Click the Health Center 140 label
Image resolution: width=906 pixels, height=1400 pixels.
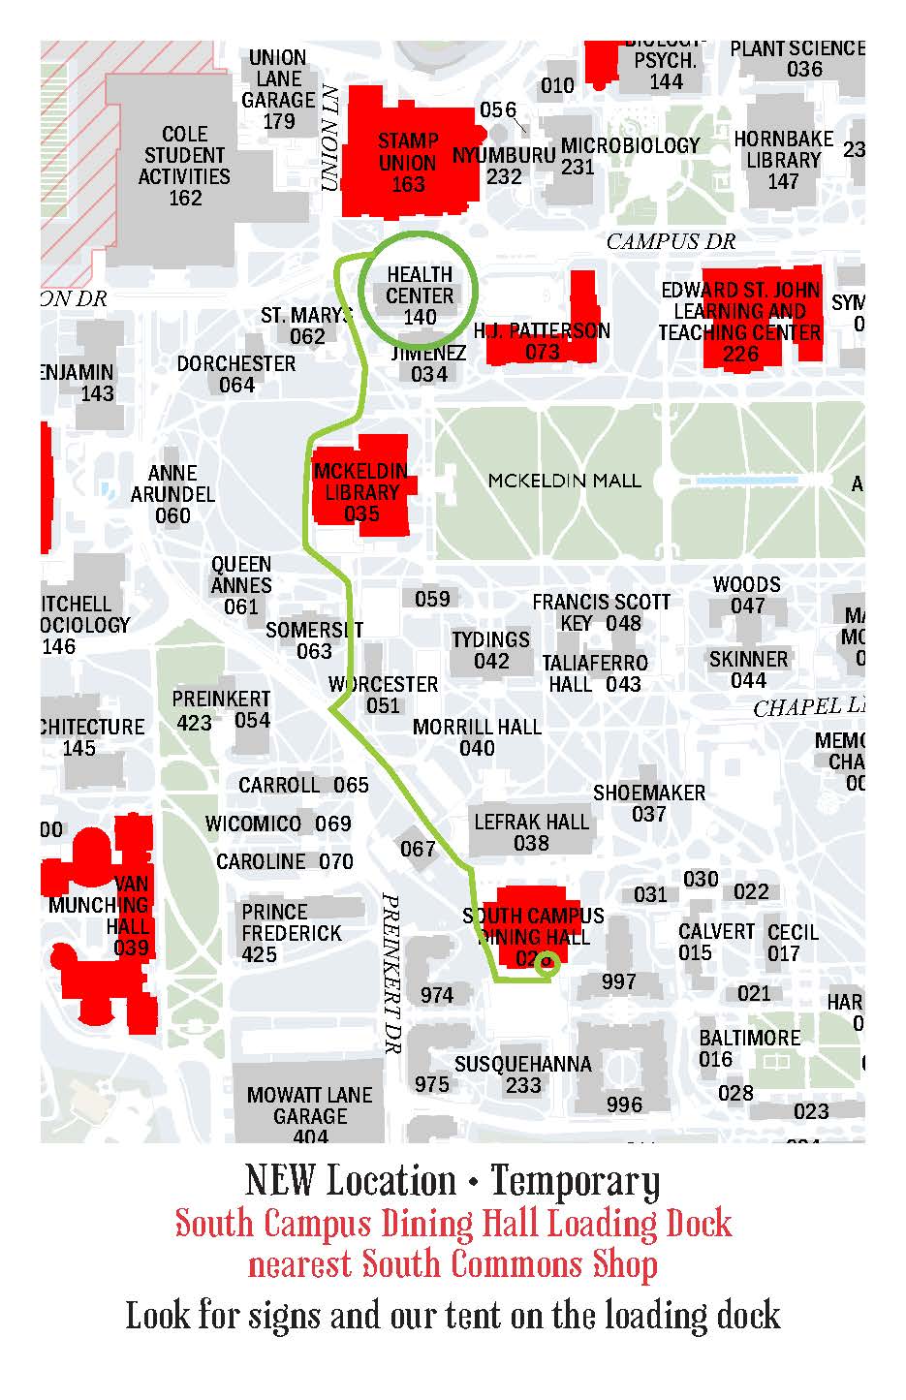pos(420,296)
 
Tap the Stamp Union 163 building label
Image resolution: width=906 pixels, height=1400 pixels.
pos(408,162)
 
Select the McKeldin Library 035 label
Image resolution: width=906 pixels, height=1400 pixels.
pos(361,491)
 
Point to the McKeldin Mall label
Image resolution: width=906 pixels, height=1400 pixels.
pos(564,480)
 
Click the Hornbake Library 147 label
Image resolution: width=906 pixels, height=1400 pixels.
pos(783,160)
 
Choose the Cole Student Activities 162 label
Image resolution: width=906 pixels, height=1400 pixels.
pos(184,166)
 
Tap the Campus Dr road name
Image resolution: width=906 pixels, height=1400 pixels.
pos(671,241)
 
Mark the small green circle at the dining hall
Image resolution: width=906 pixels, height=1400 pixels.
pos(548,962)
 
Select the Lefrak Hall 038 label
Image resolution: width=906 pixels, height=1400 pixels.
pos(531,832)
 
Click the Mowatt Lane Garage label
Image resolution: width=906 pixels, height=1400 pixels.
pos(309,1105)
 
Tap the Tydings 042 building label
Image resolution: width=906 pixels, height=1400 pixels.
pos(490,650)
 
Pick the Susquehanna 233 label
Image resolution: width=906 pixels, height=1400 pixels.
pos(522,1074)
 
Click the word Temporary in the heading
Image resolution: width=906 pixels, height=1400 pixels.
pos(575,1181)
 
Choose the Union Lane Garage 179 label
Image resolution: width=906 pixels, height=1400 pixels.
pos(278,89)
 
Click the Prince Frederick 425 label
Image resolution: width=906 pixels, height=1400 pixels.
pos(291,933)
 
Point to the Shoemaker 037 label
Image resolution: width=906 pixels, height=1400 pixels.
pos(648,803)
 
